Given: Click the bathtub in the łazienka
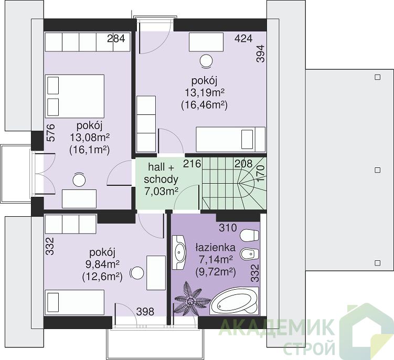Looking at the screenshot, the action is click(234, 301).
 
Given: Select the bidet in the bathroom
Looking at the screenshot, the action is click(250, 255).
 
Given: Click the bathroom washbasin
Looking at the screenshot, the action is click(179, 252).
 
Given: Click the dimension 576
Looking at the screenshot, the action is click(50, 133).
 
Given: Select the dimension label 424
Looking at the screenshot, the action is click(243, 38).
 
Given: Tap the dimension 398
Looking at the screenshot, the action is click(145, 312).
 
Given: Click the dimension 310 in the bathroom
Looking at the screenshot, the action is click(228, 228).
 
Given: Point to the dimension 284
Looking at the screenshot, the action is click(116, 39).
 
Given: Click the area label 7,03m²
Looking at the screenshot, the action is click(161, 192).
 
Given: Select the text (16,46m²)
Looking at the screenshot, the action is click(204, 105).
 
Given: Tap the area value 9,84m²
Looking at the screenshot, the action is click(102, 264).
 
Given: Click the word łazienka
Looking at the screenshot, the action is click(216, 247).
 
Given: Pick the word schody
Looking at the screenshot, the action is click(161, 179).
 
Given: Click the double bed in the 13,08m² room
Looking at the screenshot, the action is click(75, 96).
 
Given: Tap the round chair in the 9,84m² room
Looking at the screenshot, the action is click(137, 273).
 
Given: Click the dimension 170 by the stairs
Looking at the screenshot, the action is click(261, 174).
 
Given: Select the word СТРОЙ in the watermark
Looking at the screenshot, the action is click(309, 347).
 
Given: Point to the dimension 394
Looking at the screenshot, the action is click(261, 54).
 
